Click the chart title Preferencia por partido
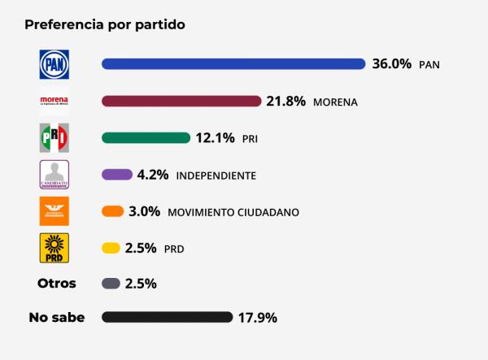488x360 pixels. click(x=105, y=24)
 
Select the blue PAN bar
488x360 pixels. click(x=233, y=64)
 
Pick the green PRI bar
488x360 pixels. click(x=146, y=138)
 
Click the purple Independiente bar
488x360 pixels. click(x=117, y=174)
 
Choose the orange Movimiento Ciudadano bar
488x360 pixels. click(x=112, y=211)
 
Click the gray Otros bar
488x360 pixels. click(x=111, y=284)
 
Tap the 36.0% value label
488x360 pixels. click(x=392, y=64)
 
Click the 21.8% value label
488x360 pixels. click(x=286, y=102)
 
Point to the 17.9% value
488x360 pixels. click(x=257, y=317)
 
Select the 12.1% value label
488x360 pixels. click(x=216, y=138)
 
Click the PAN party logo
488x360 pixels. click(x=54, y=64)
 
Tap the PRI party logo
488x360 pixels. click(x=54, y=138)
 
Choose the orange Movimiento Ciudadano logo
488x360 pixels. click(x=54, y=211)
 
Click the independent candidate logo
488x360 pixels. click(x=54, y=174)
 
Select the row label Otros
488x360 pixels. click(x=57, y=284)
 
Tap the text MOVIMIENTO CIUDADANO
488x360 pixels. click(x=233, y=212)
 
